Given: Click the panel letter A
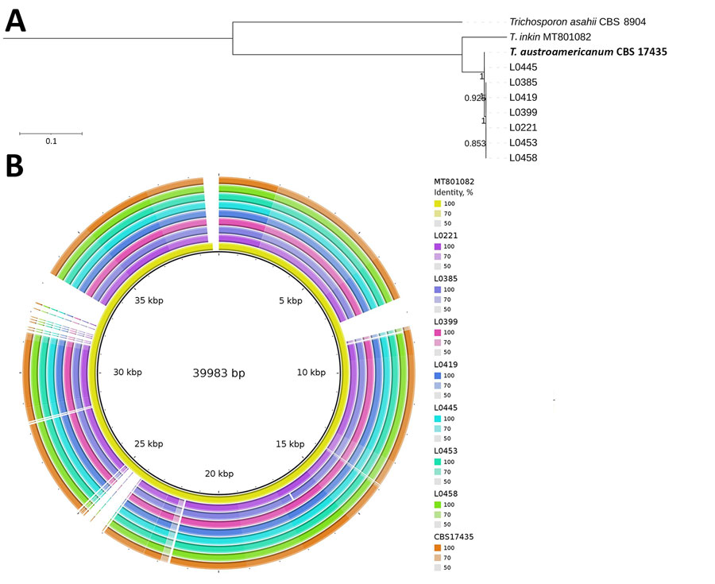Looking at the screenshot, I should pyautogui.click(x=16, y=20).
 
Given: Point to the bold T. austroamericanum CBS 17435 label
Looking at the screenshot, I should pyautogui.click(x=588, y=52).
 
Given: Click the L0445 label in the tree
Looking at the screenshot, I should pyautogui.click(x=523, y=68).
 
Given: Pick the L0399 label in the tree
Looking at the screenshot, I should pyautogui.click(x=523, y=113).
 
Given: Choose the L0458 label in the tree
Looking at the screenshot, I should pyautogui.click(x=523, y=158).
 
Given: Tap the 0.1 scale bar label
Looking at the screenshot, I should pyautogui.click(x=51, y=141).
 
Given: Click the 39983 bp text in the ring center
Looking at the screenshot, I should pyautogui.click(x=219, y=373).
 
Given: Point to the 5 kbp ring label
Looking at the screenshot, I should pyautogui.click(x=290, y=300).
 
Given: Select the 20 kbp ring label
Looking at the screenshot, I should pyautogui.click(x=219, y=474).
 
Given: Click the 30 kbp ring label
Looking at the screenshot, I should pyautogui.click(x=127, y=373).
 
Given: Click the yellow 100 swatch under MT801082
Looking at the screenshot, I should pyautogui.click(x=437, y=204).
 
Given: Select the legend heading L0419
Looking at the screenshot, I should pyautogui.click(x=439, y=365).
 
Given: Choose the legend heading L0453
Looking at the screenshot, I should pyautogui.click(x=439, y=451).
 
